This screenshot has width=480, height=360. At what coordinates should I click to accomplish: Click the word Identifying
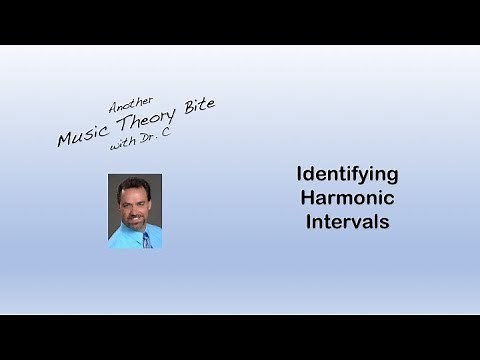pyautogui.click(x=347, y=174)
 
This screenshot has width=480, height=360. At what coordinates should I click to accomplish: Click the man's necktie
pyautogui.click(x=143, y=236)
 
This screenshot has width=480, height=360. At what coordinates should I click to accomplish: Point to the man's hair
pyautogui.click(x=134, y=184)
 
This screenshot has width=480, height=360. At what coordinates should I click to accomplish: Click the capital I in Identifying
pyautogui.click(x=300, y=174)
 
